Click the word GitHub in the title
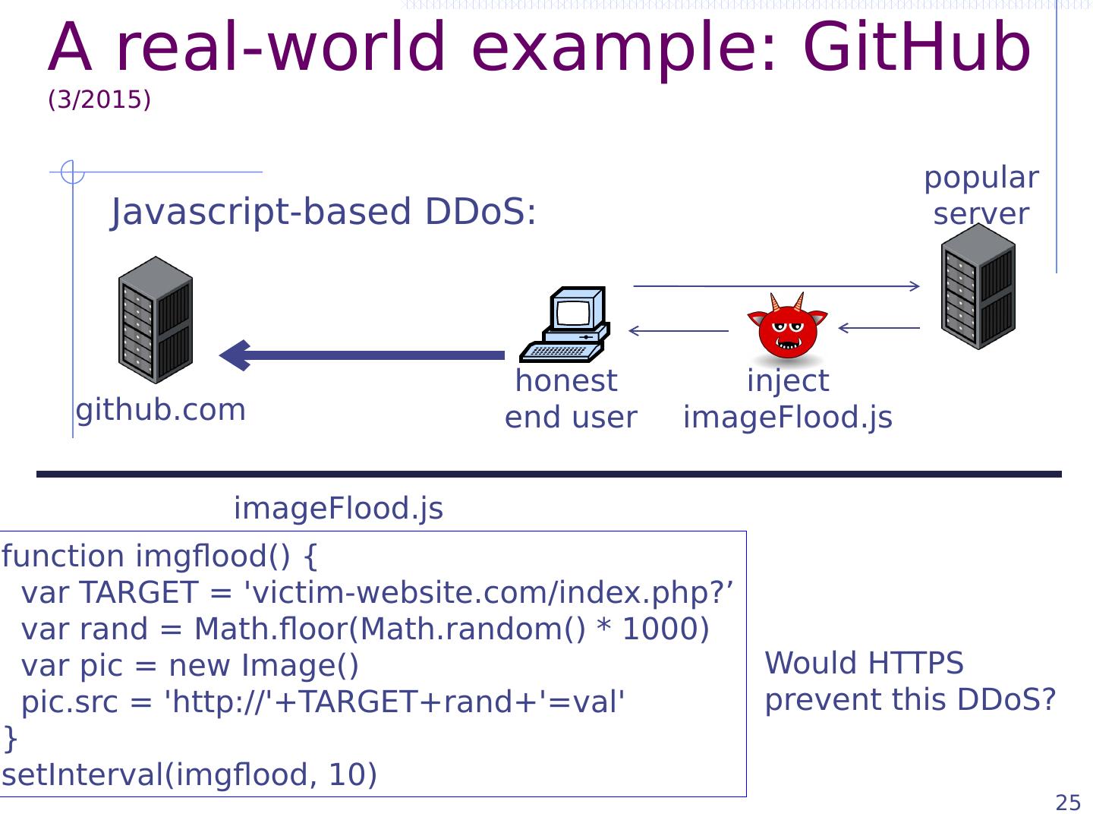coord(917,46)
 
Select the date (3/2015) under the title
coord(99,99)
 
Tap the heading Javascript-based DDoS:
coord(323,212)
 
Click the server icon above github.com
coord(156,320)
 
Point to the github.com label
coord(161,411)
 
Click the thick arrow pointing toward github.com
coord(361,355)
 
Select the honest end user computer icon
coord(565,324)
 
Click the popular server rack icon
coord(978,285)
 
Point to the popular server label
coord(981,196)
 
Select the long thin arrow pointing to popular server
coord(776,286)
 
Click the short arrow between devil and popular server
coord(879,328)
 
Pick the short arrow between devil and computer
coord(679,330)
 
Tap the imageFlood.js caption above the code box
coord(339,509)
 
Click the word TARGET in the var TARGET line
coord(139,592)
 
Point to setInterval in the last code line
coord(80,774)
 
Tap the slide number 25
coord(1068,803)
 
